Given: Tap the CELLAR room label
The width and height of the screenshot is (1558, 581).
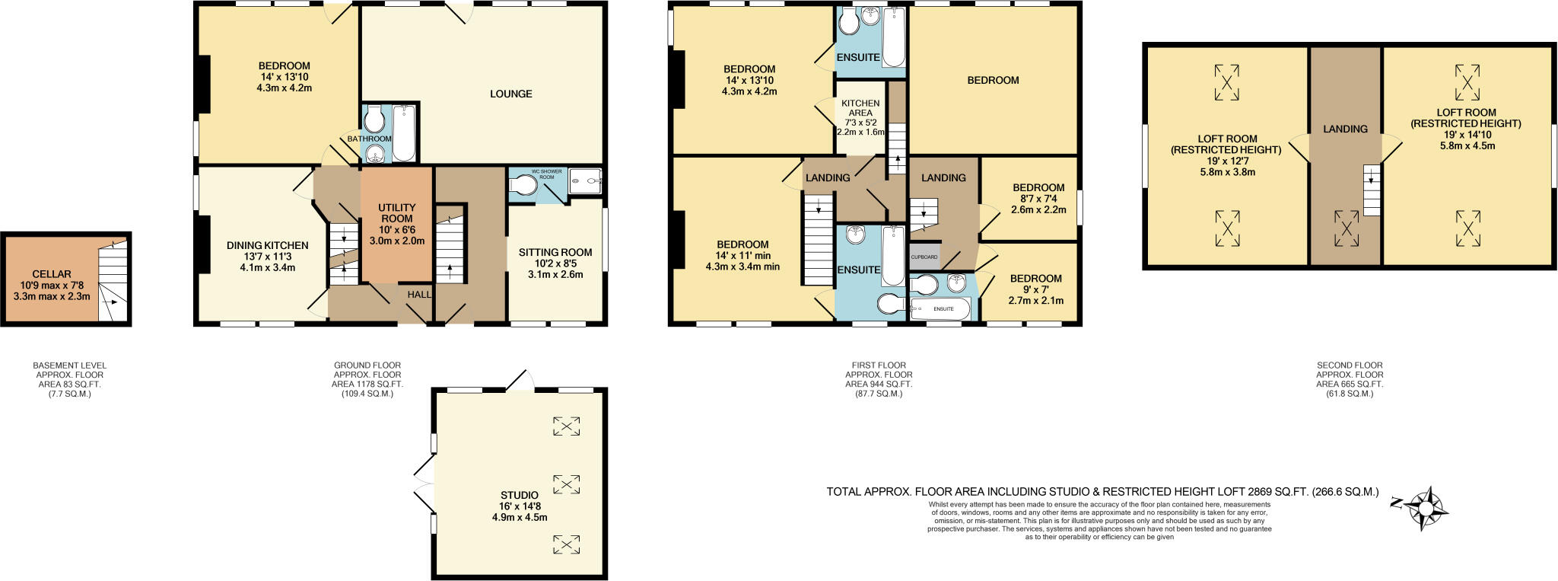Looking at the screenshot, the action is (x=52, y=274).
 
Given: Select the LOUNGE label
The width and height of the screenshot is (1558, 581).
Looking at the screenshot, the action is (x=510, y=94).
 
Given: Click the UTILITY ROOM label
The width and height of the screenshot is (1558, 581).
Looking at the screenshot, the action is (x=397, y=212).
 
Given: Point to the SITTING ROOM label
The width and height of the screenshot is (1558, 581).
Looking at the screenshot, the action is (x=555, y=252).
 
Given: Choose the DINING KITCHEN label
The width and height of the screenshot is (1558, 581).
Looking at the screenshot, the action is (x=268, y=245).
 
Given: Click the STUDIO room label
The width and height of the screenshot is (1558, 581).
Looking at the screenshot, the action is (x=520, y=495).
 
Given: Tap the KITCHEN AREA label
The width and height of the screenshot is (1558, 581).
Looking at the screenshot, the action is (x=860, y=108).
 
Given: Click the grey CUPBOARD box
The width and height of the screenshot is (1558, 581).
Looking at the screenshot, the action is (x=924, y=257).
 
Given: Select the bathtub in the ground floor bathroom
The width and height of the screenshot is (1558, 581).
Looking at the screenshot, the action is (x=404, y=133).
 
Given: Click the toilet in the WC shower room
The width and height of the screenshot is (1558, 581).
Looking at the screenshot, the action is (x=523, y=186).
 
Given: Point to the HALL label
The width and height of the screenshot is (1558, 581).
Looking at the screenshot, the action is (x=419, y=295).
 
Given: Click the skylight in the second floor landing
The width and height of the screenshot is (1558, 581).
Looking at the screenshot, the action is (x=1346, y=228).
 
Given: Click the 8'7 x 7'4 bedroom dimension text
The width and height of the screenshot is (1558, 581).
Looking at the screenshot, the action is (x=1038, y=199).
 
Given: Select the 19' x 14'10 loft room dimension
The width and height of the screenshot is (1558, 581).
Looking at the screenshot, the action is (x=1466, y=135).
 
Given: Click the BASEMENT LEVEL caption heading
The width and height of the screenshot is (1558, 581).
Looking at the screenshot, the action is (x=70, y=366).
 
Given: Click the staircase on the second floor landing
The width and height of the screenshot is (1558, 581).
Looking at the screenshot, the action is (x=1371, y=190).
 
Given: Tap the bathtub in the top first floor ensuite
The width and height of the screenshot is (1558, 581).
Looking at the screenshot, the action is (x=894, y=37).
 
